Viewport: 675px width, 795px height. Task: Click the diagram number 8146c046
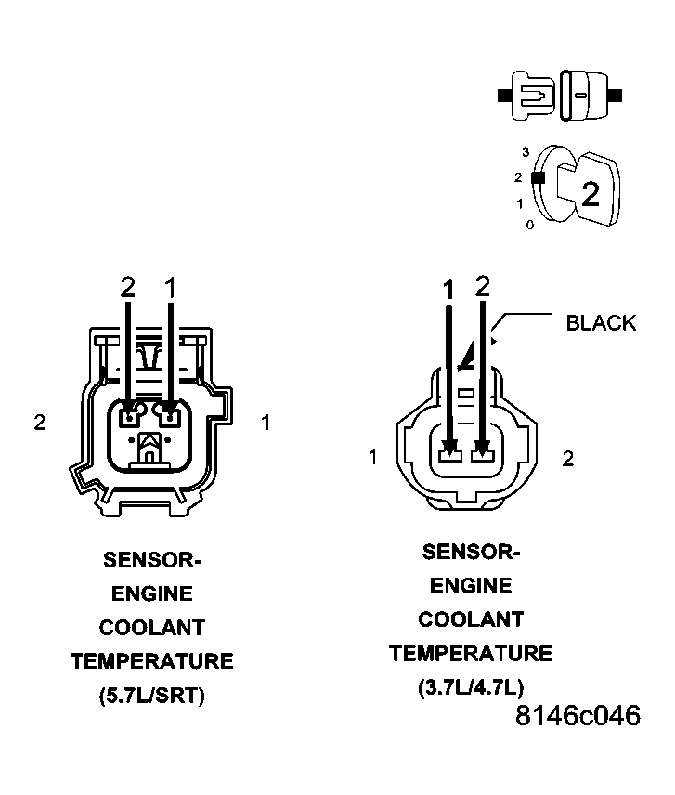pyautogui.click(x=578, y=717)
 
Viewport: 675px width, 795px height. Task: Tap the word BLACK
pyautogui.click(x=601, y=323)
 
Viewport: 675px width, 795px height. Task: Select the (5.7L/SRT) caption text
pyautogui.click(x=151, y=696)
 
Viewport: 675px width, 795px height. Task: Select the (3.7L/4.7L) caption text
pyautogui.click(x=470, y=687)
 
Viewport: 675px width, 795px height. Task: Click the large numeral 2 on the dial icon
pyautogui.click(x=590, y=193)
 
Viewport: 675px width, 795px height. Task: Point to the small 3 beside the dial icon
pyautogui.click(x=526, y=152)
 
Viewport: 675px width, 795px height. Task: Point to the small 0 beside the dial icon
pyautogui.click(x=529, y=225)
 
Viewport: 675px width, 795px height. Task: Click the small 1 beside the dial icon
pyautogui.click(x=521, y=202)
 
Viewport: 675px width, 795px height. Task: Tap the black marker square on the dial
pyautogui.click(x=537, y=176)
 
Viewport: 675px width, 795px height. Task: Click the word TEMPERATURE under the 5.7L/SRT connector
pyautogui.click(x=151, y=661)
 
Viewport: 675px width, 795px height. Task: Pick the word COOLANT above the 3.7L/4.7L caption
pyautogui.click(x=470, y=619)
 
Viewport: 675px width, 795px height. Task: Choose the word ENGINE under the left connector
pyautogui.click(x=151, y=593)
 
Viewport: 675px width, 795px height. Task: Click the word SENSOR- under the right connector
pyautogui.click(x=470, y=552)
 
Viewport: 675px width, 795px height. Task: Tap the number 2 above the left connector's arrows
pyautogui.click(x=128, y=288)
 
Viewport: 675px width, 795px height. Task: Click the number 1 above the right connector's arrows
pyautogui.click(x=449, y=290)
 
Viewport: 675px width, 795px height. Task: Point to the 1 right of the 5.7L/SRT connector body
pyautogui.click(x=266, y=423)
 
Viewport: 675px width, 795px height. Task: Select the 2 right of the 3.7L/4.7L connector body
pyautogui.click(x=568, y=457)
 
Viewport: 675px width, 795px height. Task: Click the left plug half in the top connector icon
pyautogui.click(x=531, y=95)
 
